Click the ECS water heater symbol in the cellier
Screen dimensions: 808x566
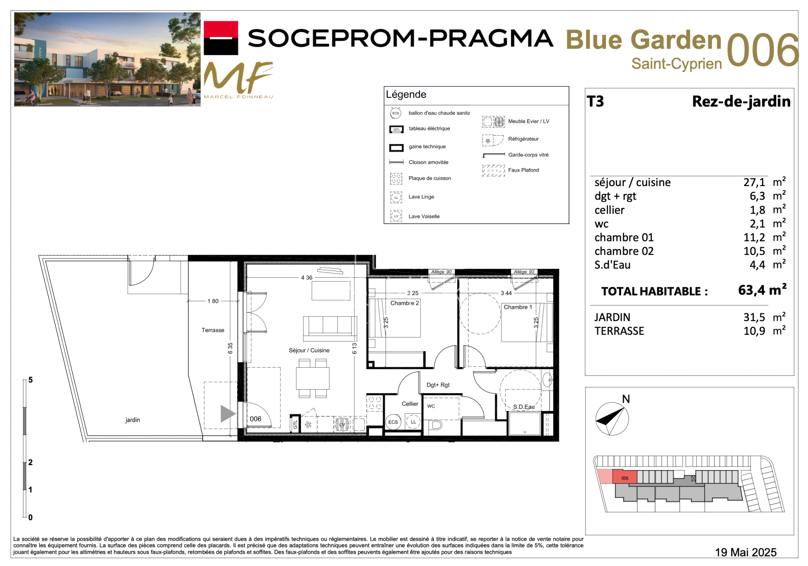point(393,422)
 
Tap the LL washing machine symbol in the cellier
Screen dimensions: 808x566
point(413,422)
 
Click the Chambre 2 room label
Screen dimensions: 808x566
point(404,303)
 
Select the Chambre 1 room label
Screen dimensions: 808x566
point(518,307)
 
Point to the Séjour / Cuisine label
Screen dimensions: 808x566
point(309,350)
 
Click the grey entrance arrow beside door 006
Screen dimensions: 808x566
point(228,414)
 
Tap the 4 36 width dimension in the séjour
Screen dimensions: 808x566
point(307,278)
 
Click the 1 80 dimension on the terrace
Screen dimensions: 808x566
point(213,301)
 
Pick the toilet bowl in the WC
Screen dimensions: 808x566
point(435,425)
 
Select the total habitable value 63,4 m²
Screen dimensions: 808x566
point(762,290)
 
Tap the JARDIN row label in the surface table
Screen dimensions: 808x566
point(612,317)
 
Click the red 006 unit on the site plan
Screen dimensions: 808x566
point(625,477)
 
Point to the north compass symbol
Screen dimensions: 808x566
point(612,418)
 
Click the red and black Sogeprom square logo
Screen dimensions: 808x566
point(221,38)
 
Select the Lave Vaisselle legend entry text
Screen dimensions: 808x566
point(424,216)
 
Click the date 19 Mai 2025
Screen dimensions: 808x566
point(746,552)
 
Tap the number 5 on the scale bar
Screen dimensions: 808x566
point(30,380)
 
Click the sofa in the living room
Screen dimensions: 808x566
point(330,329)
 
